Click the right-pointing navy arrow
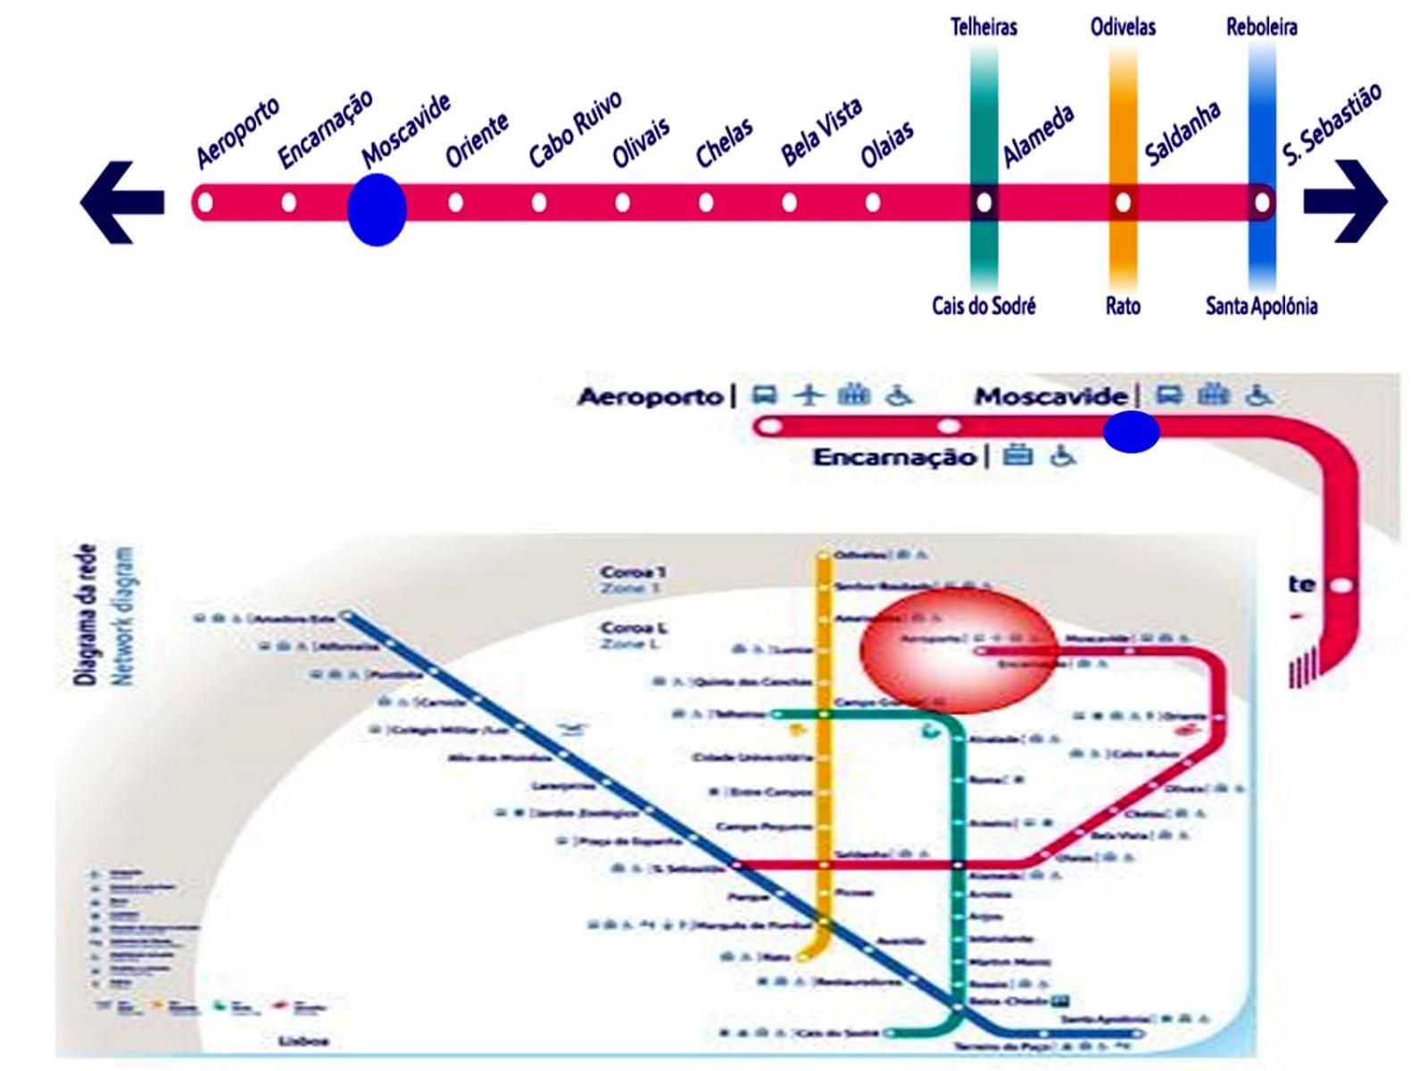coord(1346,202)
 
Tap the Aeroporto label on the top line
coord(237,132)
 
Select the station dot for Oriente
coord(456,203)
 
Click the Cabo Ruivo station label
coord(575,129)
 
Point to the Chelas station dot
coord(706,203)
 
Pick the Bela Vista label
coord(821,132)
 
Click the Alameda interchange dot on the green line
coord(984,203)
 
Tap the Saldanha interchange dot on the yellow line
coord(1123,203)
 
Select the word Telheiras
coord(984,27)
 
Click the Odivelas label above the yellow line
coord(1123,27)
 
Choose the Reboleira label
coord(1261,27)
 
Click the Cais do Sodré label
coord(984,306)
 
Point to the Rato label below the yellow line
coord(1123,306)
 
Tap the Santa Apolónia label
coord(1261,306)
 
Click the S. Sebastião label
coord(1333,125)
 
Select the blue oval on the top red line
coord(377,210)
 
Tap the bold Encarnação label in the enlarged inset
coord(894,458)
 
